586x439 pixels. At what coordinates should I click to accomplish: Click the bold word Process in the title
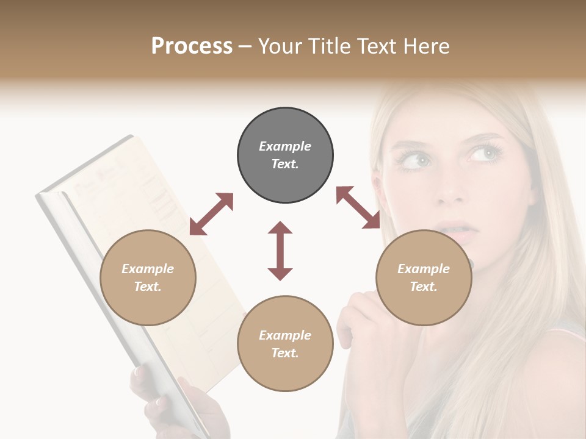(x=192, y=46)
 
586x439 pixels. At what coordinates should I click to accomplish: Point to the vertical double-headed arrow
(x=280, y=251)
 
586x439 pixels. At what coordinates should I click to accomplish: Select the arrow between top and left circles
(x=211, y=214)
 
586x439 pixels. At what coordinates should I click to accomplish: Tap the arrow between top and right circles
(x=358, y=207)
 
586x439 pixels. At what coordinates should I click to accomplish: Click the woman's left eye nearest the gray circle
(x=417, y=160)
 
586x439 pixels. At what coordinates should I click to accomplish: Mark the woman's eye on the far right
(x=486, y=153)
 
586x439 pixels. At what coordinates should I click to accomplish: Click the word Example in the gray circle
(x=285, y=146)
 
